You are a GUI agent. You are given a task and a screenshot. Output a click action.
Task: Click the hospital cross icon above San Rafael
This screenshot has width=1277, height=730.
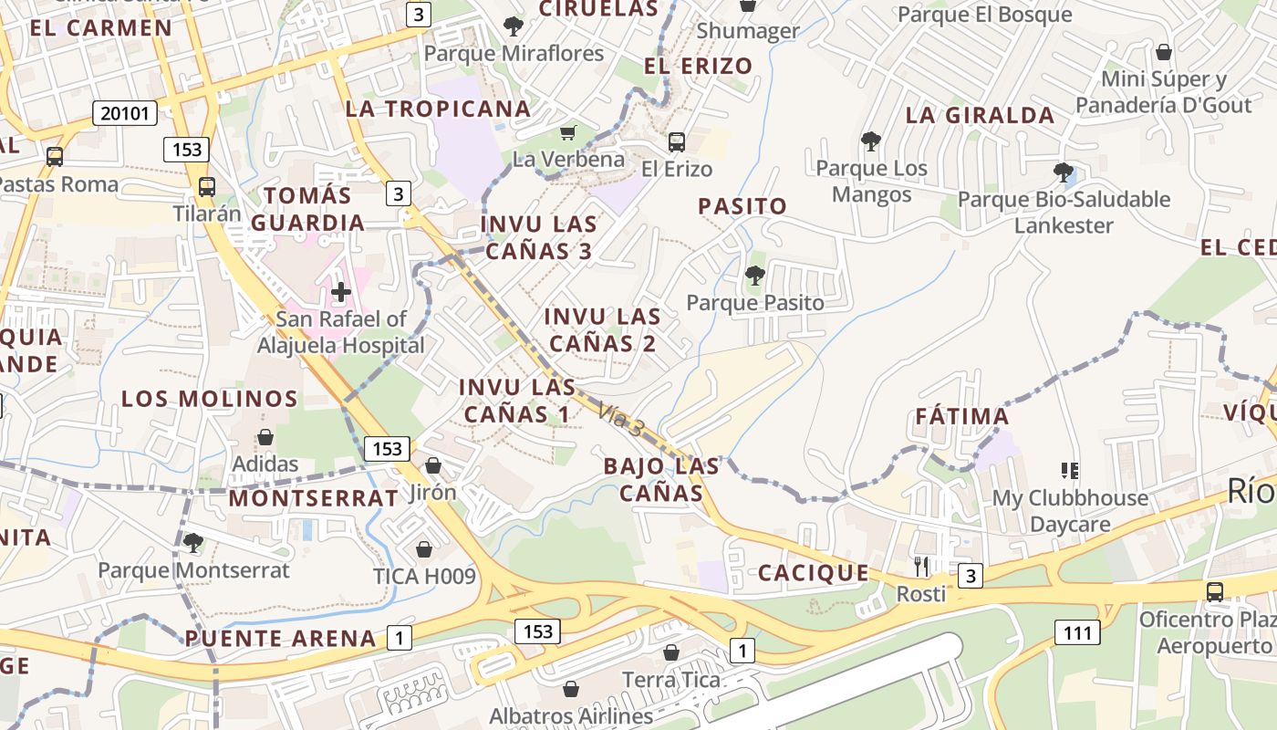pos(341,292)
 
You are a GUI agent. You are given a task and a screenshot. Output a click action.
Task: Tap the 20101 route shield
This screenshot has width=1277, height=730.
pos(125,113)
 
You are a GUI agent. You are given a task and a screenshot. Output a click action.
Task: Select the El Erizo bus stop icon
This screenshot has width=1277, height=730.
pos(676,142)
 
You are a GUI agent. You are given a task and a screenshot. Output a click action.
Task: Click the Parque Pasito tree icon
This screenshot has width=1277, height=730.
pos(754,276)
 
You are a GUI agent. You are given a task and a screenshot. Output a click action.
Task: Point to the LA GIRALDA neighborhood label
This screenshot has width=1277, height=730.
pos(980,116)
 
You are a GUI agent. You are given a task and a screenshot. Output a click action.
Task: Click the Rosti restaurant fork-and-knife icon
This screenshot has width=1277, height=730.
pos(920,567)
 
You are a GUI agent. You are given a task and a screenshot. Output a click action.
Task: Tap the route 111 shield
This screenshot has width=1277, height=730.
pos(1077,631)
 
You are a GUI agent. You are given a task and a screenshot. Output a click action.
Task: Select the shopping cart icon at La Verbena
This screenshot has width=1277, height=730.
pos(568,133)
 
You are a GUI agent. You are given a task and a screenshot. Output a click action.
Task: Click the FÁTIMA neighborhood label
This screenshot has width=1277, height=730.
pos(962,417)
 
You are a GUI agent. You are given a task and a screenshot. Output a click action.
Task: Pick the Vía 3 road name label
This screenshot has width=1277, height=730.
pos(622,418)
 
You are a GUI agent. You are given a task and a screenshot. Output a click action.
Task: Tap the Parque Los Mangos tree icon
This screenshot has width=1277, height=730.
pos(871,141)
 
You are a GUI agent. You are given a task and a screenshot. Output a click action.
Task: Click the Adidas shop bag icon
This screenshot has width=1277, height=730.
pos(265,438)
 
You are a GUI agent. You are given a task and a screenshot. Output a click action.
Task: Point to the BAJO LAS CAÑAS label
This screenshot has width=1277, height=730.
pos(661,480)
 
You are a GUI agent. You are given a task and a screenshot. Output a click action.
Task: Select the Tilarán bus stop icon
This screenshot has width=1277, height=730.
pos(207,187)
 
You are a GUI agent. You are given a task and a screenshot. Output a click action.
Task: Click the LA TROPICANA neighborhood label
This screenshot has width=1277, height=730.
pos(438,109)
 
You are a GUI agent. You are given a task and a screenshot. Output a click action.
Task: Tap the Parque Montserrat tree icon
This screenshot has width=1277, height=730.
pos(192,544)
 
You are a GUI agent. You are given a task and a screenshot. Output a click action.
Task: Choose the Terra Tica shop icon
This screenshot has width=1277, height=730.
pos(670,653)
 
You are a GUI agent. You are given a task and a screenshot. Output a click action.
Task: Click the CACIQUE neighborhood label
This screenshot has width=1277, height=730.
pos(814,573)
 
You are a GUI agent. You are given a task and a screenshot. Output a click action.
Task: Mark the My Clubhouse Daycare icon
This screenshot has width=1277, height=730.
pos(1070,471)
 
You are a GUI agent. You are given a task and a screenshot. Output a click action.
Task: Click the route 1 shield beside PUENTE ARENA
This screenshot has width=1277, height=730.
pos(399,637)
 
